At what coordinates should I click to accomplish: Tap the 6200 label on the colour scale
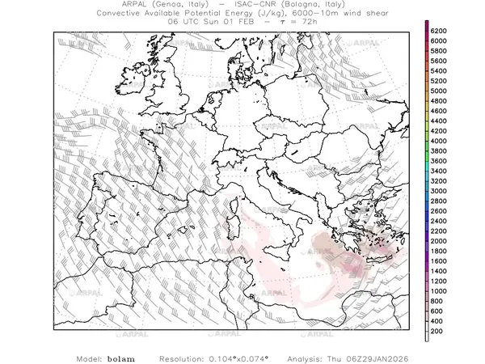[x=440, y=31]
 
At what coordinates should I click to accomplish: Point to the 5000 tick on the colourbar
[x=440, y=91]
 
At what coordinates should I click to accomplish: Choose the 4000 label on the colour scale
[x=440, y=141]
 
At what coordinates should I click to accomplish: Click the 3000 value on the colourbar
[x=440, y=191]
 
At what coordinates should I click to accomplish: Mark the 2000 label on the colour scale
[x=440, y=241]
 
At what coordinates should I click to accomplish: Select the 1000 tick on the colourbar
[x=440, y=291]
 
